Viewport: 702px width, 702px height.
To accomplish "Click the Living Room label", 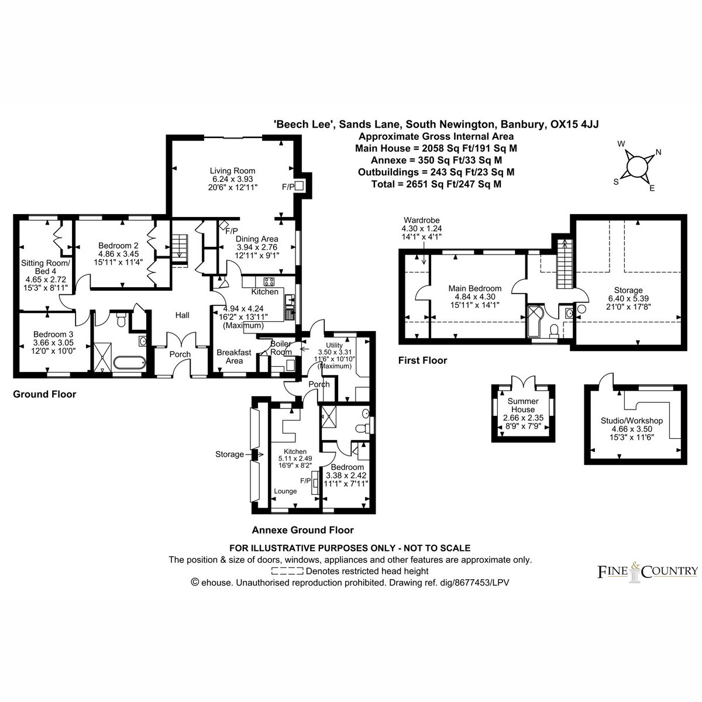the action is pyautogui.click(x=232, y=170).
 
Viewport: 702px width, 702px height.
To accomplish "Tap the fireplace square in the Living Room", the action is pyautogui.click(x=299, y=186).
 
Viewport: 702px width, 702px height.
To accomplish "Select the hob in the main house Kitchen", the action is pyautogui.click(x=269, y=281).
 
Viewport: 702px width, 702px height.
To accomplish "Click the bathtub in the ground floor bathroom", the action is pyautogui.click(x=130, y=363).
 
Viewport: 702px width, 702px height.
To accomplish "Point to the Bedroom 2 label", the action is pyautogui.click(x=118, y=245).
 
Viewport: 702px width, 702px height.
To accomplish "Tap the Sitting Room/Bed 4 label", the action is pyautogui.click(x=46, y=267).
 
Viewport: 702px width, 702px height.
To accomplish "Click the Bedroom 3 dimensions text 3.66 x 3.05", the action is pyautogui.click(x=53, y=342).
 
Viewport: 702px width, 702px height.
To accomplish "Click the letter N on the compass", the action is pyautogui.click(x=658, y=152).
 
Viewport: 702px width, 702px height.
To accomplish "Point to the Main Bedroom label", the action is pyautogui.click(x=474, y=288).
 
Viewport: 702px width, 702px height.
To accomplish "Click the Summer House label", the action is pyautogui.click(x=523, y=405).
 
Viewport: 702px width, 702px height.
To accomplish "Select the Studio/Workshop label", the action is pyautogui.click(x=632, y=421).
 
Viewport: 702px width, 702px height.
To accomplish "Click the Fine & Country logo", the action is pyautogui.click(x=648, y=571).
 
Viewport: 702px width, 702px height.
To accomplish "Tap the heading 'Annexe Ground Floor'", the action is pyautogui.click(x=302, y=530).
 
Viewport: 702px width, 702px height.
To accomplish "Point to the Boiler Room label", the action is pyautogui.click(x=281, y=348).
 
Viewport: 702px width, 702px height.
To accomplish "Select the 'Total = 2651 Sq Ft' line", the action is pyautogui.click(x=436, y=184).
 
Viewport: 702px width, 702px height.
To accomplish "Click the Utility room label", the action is pyautogui.click(x=335, y=345).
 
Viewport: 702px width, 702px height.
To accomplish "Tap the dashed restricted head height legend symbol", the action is pyautogui.click(x=287, y=571).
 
